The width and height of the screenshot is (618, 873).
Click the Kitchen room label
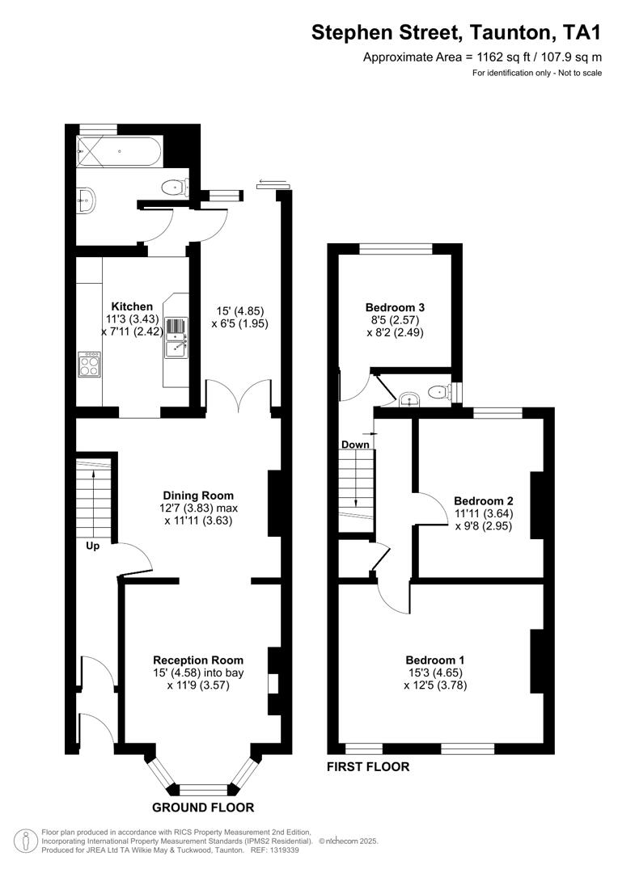coord(132,306)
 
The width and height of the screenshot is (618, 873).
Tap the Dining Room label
coord(198,496)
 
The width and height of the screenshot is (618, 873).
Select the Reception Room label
coord(198,660)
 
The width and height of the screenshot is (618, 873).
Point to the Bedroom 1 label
coord(435,659)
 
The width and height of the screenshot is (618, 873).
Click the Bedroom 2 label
coord(484,500)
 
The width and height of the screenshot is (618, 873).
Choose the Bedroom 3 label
coord(395,307)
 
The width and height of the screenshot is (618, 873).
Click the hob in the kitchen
coord(89,365)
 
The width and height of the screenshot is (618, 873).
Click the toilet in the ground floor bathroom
coord(172,188)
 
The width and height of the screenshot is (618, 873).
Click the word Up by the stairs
coord(92,546)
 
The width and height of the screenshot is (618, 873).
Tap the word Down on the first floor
coord(355,445)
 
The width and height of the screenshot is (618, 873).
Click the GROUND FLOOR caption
coord(203,807)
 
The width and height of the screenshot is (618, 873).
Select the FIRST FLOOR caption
coord(367,766)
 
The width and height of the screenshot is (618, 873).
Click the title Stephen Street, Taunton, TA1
coord(457,32)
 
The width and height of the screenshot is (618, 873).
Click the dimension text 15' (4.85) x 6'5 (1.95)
coord(240,317)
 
